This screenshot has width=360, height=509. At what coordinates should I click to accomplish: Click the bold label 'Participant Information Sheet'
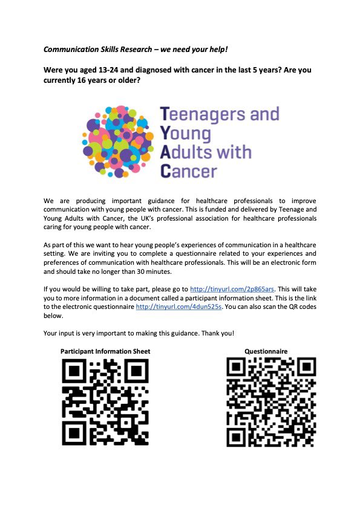point(105,351)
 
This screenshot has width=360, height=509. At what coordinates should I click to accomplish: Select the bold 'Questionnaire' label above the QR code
point(266,351)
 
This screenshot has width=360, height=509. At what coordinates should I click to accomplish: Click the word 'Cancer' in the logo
point(188,170)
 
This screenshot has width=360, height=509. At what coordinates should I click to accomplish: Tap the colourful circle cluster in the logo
point(117,142)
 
